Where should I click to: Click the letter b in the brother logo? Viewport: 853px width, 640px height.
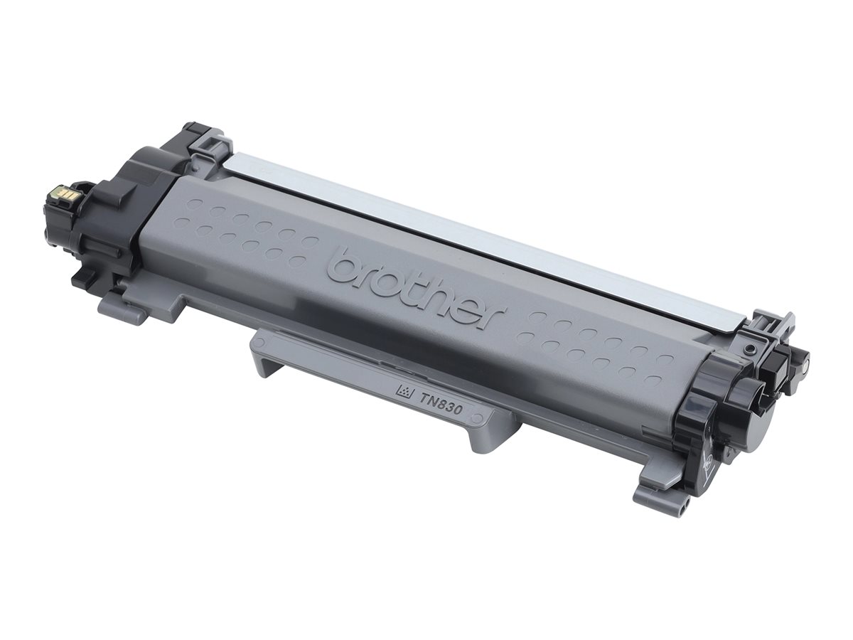coord(344,266)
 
